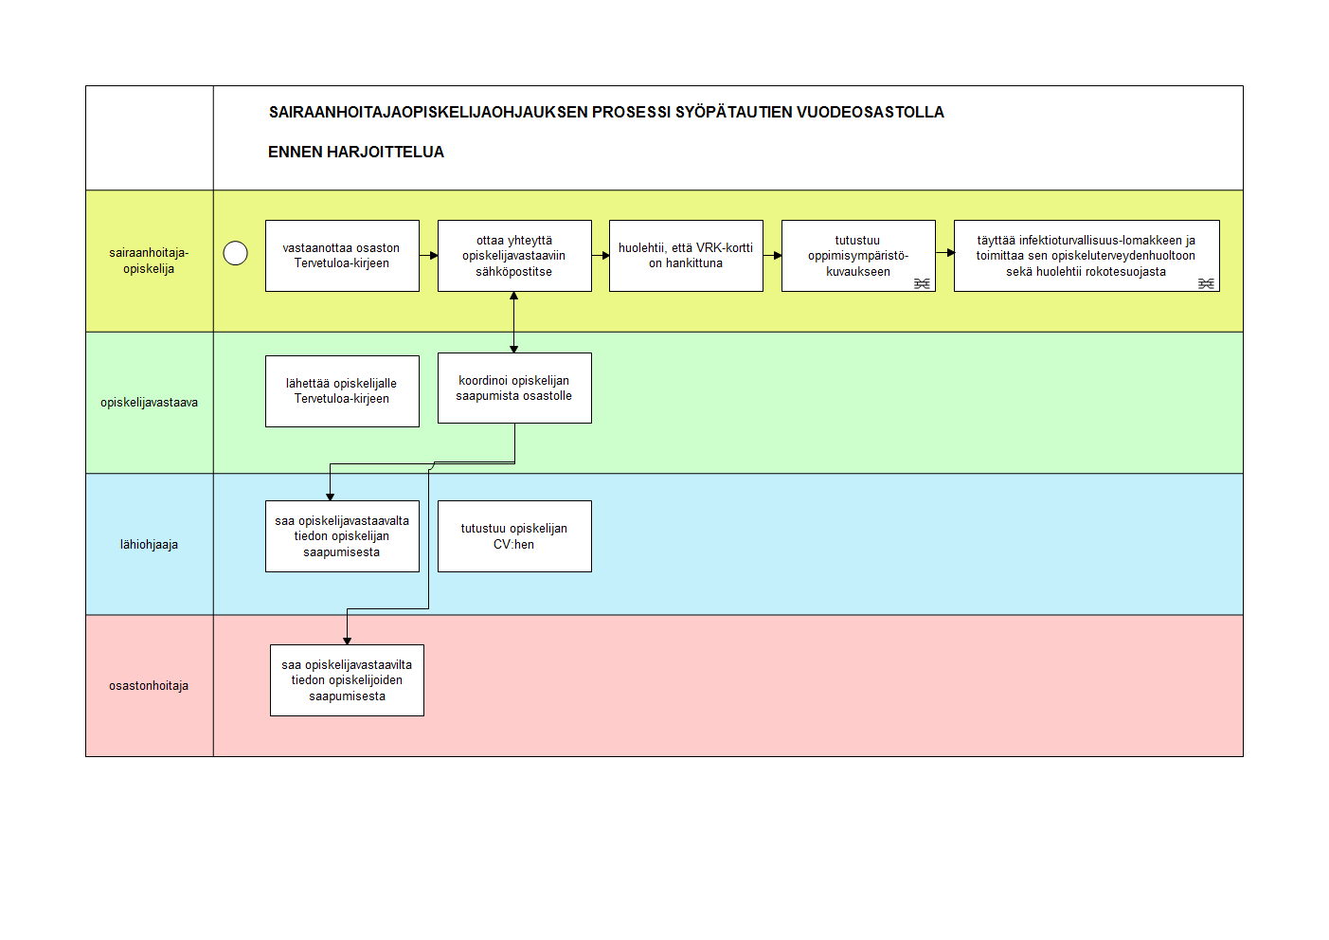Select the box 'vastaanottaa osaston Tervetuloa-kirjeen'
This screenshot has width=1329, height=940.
[x=342, y=256]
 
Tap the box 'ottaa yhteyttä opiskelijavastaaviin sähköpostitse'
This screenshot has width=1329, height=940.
[x=514, y=256]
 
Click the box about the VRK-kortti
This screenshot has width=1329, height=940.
[x=686, y=256]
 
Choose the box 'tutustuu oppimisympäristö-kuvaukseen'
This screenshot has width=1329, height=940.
[x=858, y=256]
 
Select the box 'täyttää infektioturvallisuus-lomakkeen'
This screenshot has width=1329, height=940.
[x=1087, y=256]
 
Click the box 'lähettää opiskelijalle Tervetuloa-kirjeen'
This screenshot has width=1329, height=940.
[x=342, y=391]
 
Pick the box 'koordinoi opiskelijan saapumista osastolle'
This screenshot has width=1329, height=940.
[x=514, y=389]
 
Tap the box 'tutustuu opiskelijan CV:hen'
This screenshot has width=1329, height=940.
[x=514, y=536]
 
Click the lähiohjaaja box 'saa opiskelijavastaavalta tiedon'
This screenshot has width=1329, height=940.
[x=342, y=536]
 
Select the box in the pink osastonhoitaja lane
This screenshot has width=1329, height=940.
[x=347, y=680]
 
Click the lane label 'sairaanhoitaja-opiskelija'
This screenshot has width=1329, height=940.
[x=149, y=261]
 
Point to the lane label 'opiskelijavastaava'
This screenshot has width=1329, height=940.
[x=149, y=403]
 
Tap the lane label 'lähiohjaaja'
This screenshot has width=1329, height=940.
[x=149, y=544]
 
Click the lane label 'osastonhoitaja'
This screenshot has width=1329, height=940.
[x=149, y=685]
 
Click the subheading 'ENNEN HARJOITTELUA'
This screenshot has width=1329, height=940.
[x=356, y=152]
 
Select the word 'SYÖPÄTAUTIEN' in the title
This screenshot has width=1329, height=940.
[x=733, y=112]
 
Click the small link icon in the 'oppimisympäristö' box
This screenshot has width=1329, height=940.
[x=922, y=283]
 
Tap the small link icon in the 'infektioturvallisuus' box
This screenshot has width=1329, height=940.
[x=1206, y=283]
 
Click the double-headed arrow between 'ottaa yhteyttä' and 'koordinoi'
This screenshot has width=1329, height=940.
[x=513, y=322]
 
